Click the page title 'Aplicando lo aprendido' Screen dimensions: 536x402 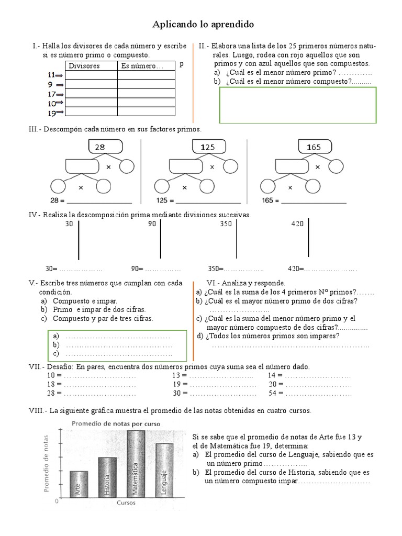[x=203, y=25]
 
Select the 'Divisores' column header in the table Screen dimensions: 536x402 [x=84, y=66]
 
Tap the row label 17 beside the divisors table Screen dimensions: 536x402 [x=52, y=94]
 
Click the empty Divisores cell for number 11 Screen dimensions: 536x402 [x=91, y=75]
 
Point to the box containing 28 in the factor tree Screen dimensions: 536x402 [x=100, y=147]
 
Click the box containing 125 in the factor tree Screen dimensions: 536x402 [x=208, y=147]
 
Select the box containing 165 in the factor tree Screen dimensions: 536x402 [x=314, y=147]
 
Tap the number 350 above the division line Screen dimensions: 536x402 [x=226, y=224]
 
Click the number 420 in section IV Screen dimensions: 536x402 [x=297, y=224]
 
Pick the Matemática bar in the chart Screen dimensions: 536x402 [x=136, y=463]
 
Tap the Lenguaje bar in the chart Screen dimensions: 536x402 [x=164, y=470]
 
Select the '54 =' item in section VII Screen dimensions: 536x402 [x=275, y=393]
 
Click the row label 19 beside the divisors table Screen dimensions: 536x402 [x=52, y=113]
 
